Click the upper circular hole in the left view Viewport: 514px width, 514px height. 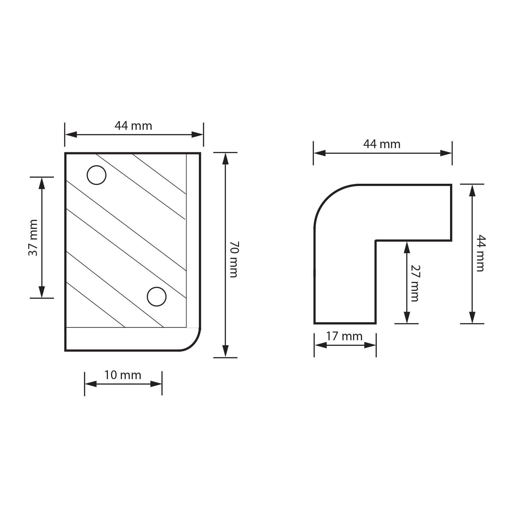pyautogui.click(x=96, y=175)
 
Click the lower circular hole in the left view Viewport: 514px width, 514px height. pyautogui.click(x=157, y=297)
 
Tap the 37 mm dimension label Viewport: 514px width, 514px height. pyautogui.click(x=33, y=238)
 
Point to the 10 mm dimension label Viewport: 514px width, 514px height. pyautogui.click(x=123, y=375)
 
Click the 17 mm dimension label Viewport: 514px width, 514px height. pyautogui.click(x=344, y=336)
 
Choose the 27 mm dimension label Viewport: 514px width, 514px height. pyautogui.click(x=415, y=283)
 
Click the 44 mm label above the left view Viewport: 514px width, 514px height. pyautogui.click(x=133, y=126)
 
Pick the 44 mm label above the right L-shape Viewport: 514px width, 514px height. pyautogui.click(x=382, y=144)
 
